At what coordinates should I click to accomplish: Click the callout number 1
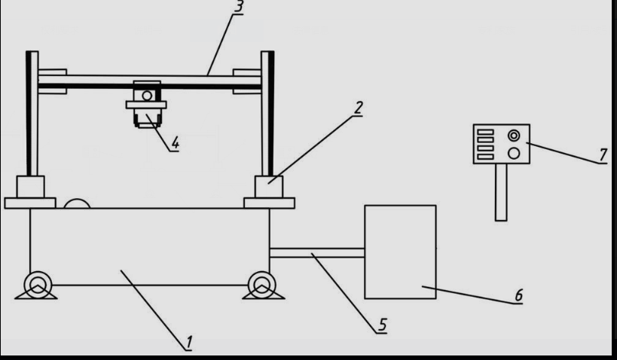click(188, 343)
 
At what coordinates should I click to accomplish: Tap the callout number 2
click(359, 107)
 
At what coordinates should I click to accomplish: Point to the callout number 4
click(174, 143)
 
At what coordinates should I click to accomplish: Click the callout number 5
click(382, 325)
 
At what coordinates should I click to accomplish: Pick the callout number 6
click(518, 294)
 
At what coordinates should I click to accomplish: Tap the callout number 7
click(603, 154)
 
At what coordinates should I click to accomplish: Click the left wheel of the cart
click(36, 285)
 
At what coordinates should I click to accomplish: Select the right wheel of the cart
click(261, 285)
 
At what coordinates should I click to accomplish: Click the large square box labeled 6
click(400, 251)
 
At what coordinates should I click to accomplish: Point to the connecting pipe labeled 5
click(316, 254)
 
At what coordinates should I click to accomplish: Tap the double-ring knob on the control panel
click(514, 136)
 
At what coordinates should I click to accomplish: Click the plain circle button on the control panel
click(514, 153)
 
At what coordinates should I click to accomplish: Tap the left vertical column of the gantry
click(32, 113)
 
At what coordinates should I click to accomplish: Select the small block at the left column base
click(31, 186)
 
